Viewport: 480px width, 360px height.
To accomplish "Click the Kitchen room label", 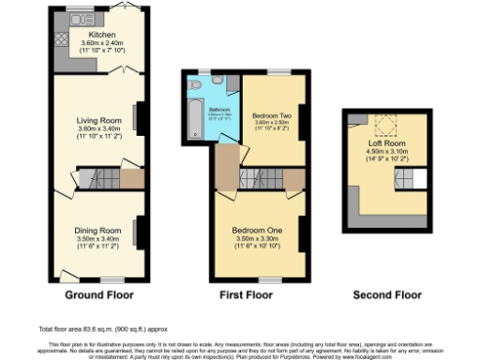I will (x=101, y=34).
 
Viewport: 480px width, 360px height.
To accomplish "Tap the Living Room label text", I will (x=98, y=120).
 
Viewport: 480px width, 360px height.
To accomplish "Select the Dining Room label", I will (x=98, y=230).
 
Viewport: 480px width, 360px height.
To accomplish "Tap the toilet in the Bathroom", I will (x=193, y=84).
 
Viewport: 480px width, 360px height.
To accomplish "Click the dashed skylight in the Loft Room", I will (x=383, y=128).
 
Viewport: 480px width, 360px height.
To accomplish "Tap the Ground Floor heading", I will (x=98, y=294).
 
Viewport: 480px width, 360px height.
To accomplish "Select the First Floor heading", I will (x=246, y=294).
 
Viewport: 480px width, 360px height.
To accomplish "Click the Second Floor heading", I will (x=385, y=294).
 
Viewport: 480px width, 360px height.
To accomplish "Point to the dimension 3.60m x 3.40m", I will (x=98, y=129).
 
